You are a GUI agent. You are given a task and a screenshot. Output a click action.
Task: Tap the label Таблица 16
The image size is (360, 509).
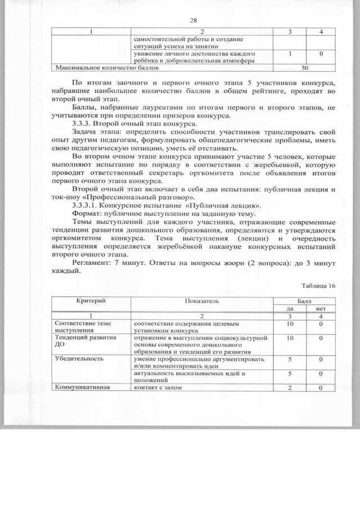click(318, 285)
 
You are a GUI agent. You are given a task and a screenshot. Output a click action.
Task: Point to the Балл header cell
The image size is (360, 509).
click(304, 301)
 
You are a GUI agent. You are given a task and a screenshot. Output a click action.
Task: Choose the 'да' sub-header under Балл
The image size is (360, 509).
click(289, 308)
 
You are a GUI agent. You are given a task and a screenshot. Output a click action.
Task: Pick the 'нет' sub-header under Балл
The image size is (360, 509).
click(321, 308)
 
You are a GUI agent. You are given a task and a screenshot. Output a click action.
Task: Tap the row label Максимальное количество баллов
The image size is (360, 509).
click(106, 67)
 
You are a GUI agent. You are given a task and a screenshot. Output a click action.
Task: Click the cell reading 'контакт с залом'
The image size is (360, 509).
click(159, 388)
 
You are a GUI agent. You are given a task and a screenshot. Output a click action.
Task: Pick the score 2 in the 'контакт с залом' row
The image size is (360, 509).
click(289, 388)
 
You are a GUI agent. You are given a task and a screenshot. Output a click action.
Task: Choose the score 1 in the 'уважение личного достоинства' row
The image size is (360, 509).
click(289, 53)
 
